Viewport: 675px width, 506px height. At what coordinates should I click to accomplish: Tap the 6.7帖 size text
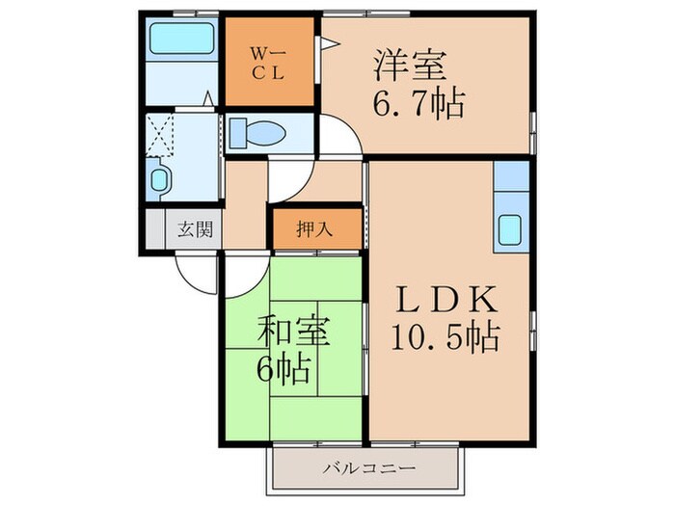(x=419, y=102)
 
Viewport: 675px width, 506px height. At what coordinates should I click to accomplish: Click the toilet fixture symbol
(x=256, y=134)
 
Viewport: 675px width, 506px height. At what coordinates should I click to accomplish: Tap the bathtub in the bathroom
(x=181, y=41)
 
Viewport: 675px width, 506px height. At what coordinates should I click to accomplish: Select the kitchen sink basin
(x=511, y=230)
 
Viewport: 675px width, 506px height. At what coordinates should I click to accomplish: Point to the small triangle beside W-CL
(x=327, y=42)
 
